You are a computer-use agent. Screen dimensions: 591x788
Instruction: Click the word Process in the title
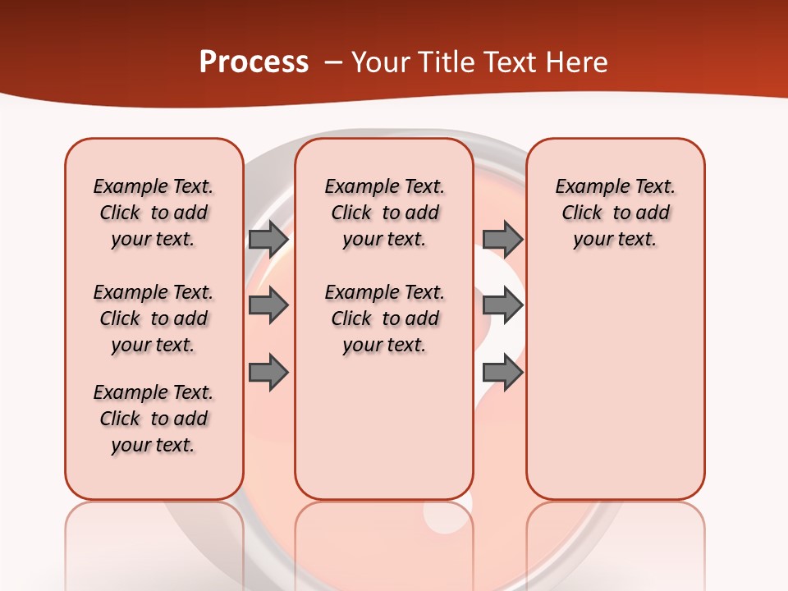click(x=254, y=62)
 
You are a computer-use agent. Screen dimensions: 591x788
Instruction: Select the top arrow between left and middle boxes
click(x=268, y=239)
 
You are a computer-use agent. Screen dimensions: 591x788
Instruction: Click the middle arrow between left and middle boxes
click(x=268, y=306)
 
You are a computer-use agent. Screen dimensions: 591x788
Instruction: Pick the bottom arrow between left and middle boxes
click(x=268, y=373)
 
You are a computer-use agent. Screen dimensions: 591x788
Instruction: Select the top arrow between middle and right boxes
click(x=502, y=239)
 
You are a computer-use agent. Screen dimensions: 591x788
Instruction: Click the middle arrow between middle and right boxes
click(x=502, y=306)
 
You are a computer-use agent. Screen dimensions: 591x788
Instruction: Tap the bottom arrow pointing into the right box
click(x=502, y=373)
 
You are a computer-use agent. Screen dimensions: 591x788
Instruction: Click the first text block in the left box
click(x=153, y=213)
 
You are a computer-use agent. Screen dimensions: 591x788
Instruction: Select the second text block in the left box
click(x=153, y=318)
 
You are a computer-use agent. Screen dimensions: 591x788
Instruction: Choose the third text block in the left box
click(x=153, y=419)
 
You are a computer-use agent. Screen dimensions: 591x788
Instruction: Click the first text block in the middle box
click(x=384, y=213)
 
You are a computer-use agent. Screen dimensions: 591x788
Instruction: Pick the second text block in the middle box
click(x=384, y=318)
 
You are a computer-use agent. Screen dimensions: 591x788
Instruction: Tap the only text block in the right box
click(x=615, y=213)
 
